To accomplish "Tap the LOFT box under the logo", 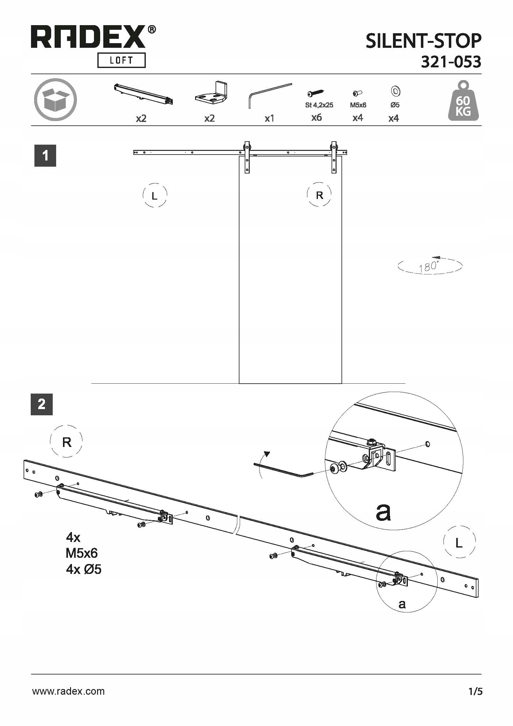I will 121,61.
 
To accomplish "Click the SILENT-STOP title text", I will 423,41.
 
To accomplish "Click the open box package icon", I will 56,100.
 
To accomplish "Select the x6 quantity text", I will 317,118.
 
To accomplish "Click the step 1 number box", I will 45,156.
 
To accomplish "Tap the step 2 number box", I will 42,404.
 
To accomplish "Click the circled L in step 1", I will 154,196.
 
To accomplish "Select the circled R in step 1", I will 319,195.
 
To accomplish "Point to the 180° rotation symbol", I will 430,266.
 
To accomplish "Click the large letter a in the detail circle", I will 383,512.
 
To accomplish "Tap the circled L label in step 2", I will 459,543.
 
